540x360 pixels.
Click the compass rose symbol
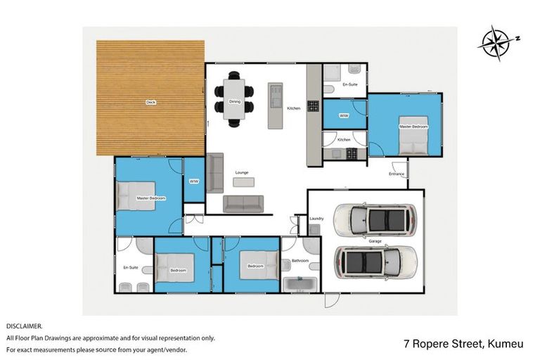(x=496, y=44)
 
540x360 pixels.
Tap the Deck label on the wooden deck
(x=150, y=103)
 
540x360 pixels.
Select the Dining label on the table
(x=235, y=101)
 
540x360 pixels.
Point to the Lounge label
(x=242, y=172)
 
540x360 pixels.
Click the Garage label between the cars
(x=375, y=241)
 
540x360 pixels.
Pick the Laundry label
(x=316, y=219)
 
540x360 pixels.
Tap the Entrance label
(x=396, y=174)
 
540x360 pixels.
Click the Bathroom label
(x=300, y=261)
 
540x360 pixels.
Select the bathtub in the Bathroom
(x=300, y=284)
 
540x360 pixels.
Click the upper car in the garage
(x=374, y=220)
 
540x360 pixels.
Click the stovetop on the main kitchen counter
(x=312, y=106)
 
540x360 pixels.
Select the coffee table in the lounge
(x=243, y=181)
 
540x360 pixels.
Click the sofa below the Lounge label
(x=243, y=204)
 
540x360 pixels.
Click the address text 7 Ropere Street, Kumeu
(x=463, y=344)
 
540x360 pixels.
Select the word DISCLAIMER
(x=25, y=326)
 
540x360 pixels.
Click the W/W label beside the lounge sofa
(x=193, y=181)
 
